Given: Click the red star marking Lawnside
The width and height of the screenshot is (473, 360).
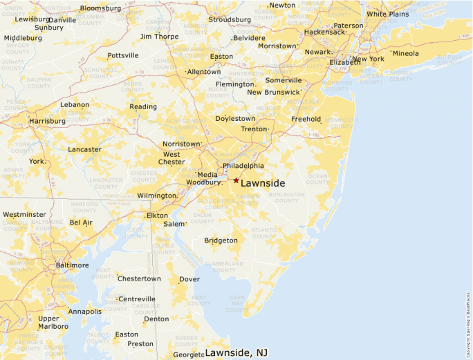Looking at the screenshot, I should coord(236,180).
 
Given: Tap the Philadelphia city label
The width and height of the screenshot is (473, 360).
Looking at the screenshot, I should coord(243,166).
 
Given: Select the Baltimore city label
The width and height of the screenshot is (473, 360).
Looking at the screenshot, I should coord(72,265).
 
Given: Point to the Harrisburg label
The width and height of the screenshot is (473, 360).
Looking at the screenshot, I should coord(48,121).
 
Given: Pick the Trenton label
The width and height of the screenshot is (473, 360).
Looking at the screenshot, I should coord(254,129).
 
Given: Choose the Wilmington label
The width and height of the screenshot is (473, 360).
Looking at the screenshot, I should coord(156,196).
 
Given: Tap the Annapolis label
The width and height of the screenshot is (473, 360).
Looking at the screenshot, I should coord(85,312).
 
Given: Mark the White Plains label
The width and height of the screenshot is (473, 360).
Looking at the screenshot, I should coord(387,14).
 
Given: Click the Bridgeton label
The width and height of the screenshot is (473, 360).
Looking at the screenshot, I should coord(221,240).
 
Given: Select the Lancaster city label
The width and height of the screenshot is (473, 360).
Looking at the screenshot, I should coord(84,149).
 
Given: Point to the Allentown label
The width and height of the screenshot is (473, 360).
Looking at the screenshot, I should coord(204,72).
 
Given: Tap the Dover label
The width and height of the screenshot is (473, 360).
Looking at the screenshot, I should coord(189,280).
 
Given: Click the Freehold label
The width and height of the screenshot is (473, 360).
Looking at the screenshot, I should coord(306,119).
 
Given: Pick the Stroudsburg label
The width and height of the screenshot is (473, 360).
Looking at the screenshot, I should coord(230,19).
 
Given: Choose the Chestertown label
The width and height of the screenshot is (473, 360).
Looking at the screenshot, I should coord(139,279).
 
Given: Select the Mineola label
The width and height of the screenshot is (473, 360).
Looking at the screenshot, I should coord(406,53).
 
